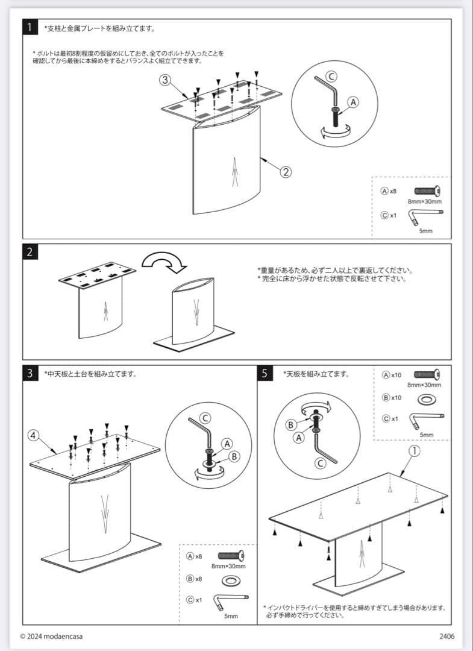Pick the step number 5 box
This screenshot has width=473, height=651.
pyautogui.click(x=265, y=373)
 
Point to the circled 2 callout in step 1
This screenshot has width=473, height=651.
pyautogui.click(x=286, y=171)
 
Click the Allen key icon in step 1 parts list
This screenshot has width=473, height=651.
pyautogui.click(x=426, y=215)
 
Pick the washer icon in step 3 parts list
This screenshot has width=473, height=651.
pyautogui.click(x=230, y=580)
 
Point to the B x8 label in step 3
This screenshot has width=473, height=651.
pyautogui.click(x=194, y=579)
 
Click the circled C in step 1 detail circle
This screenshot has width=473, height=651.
pyautogui.click(x=331, y=76)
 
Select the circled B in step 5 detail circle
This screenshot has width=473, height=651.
pyautogui.click(x=290, y=424)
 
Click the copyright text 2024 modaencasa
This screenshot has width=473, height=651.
pyautogui.click(x=52, y=637)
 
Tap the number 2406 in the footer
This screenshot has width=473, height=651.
pyautogui.click(x=446, y=637)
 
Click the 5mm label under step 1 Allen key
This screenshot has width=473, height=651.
pyautogui.click(x=425, y=231)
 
